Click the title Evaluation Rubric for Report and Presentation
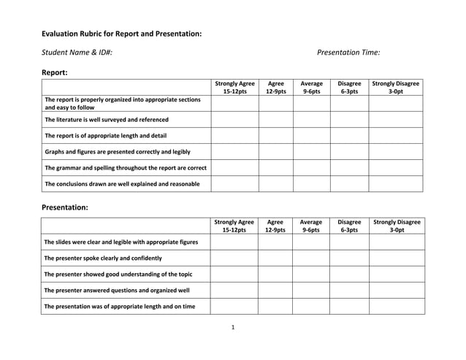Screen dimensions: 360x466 tap(121, 34)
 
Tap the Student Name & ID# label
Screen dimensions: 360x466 tap(77, 53)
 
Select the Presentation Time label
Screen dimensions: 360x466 tap(348, 53)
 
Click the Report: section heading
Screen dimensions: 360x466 tap(55, 72)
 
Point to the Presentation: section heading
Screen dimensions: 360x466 tap(65, 207)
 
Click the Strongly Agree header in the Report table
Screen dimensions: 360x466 tap(234, 88)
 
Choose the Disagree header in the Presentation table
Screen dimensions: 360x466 tap(349, 225)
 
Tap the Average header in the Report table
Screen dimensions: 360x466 tap(311, 88)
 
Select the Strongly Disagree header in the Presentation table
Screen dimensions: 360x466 tap(397, 225)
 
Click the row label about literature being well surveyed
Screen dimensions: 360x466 tap(107, 119)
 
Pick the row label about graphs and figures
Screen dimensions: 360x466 tap(118, 151)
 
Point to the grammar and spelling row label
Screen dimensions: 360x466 tap(126, 167)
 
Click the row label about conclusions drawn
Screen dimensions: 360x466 tap(122, 183)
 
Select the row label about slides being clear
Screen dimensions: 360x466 tap(121, 242)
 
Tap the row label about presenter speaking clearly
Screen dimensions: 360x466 tap(103, 258)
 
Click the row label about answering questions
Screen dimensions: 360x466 tap(117, 290)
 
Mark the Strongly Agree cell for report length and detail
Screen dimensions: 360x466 tap(234, 135)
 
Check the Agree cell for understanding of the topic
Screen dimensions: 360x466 tap(275, 274)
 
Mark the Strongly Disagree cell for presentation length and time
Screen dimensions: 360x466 tap(397, 306)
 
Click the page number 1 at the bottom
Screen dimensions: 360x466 tap(232, 326)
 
